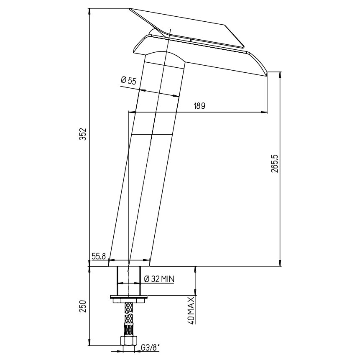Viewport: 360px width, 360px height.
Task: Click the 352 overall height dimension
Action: pos(83,134)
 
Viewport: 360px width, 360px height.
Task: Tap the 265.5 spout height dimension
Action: pos(275,163)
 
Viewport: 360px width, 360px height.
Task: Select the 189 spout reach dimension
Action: pos(199,106)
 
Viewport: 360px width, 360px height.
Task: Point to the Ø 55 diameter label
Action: pos(129,81)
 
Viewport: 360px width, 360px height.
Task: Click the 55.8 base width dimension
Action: pos(99,256)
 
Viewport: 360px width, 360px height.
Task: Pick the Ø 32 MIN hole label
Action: pos(159,279)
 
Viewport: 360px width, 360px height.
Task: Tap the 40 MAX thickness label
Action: pos(191,310)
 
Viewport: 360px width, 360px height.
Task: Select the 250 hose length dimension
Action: pos(83,306)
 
